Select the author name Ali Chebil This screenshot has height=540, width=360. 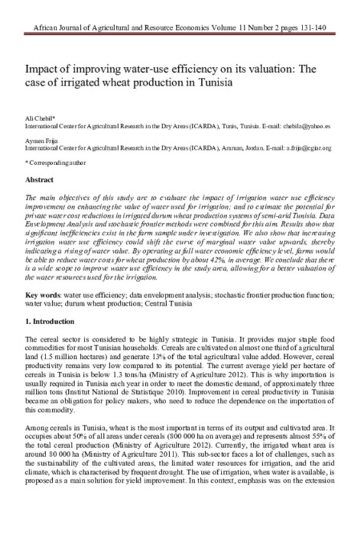point(37,121)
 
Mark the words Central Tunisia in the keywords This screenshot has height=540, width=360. point(170,304)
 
